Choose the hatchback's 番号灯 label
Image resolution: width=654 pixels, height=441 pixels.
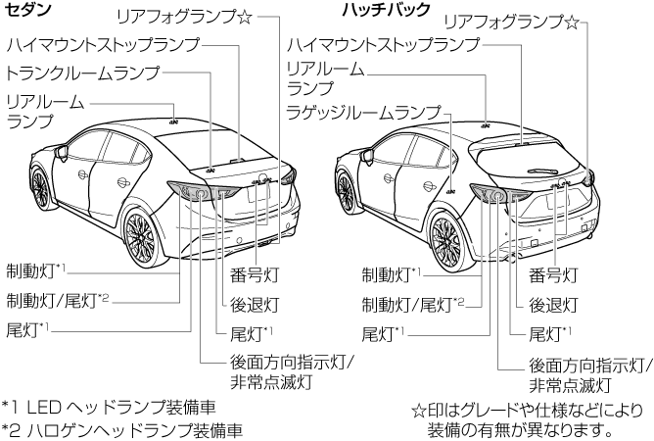pos(552,273)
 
